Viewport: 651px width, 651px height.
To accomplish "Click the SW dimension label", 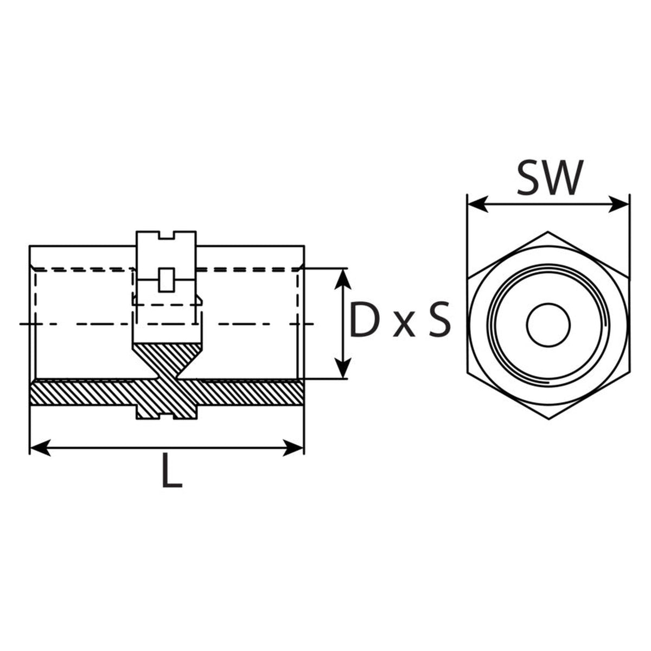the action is coord(550,177).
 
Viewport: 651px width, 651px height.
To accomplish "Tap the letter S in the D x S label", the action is coord(439,319).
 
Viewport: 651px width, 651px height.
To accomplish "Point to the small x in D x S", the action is coord(404,325).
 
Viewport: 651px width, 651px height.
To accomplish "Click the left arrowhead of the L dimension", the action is coord(41,448).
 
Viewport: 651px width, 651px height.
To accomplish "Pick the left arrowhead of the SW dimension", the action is coord(477,205).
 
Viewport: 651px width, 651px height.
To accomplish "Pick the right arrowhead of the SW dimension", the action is coord(618,205).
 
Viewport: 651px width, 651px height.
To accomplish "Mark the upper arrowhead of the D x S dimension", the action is coord(342,279).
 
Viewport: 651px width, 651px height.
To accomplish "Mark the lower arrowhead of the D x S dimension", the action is coord(342,368).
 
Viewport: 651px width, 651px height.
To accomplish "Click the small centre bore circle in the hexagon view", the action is coord(548,324).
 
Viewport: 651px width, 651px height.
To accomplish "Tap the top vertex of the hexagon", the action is coord(548,232).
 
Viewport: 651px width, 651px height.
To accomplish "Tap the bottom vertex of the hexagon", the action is coord(548,419).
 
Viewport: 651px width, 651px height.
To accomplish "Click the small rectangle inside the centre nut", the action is coord(166,280).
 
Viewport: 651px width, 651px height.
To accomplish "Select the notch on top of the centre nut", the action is coord(166,235).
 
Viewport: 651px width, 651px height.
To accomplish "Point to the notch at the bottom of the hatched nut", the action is coord(166,417).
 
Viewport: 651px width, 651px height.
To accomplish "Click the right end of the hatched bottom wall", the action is coord(304,392).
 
